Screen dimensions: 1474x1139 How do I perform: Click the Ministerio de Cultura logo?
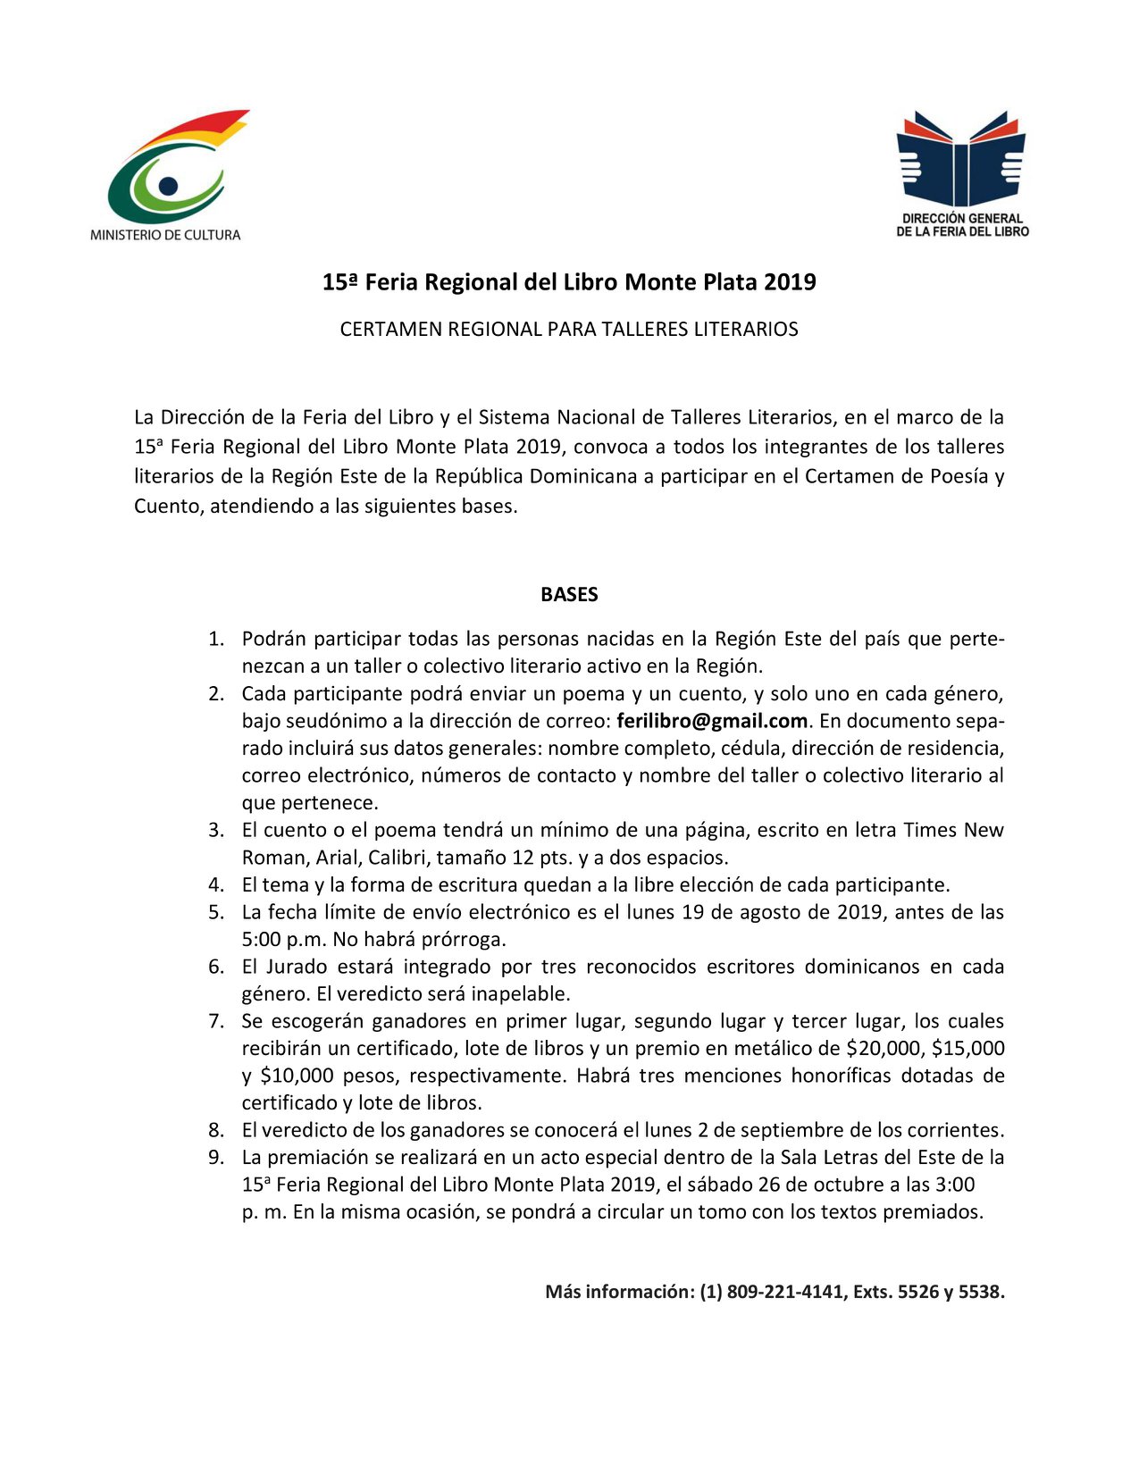click(x=167, y=175)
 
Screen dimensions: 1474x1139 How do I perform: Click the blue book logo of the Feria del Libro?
click(x=961, y=160)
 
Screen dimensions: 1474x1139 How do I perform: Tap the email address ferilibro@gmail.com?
click(x=712, y=721)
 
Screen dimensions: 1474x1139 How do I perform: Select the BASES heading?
click(x=569, y=595)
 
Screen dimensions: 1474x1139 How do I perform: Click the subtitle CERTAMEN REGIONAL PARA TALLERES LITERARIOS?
click(x=569, y=330)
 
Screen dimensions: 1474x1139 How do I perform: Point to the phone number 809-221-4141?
click(x=787, y=1292)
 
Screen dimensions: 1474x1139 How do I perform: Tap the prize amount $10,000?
click(x=297, y=1076)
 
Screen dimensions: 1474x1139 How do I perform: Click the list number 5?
click(x=216, y=912)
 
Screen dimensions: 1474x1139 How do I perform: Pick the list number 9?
click(x=216, y=1158)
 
